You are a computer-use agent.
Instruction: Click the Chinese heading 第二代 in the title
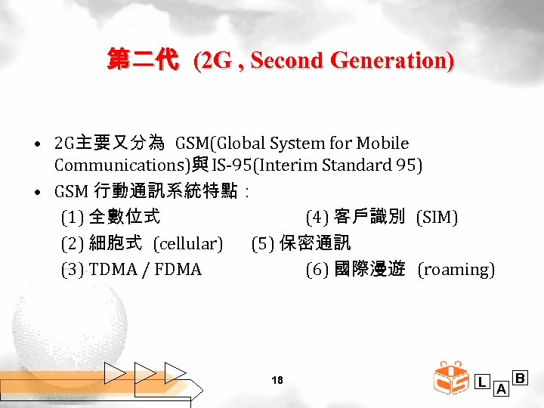pos(142,60)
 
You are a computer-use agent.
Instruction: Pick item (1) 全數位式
pos(110,218)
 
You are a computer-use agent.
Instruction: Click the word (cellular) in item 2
pos(188,243)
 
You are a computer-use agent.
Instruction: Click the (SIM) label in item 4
pos(437,218)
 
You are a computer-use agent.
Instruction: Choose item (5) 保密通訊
pos(301,243)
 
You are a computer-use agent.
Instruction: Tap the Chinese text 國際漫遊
pos(369,269)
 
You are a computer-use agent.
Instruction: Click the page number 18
pos(277,380)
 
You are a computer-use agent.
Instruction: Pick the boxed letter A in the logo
pos(500,389)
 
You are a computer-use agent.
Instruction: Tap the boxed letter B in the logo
pos(520,377)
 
